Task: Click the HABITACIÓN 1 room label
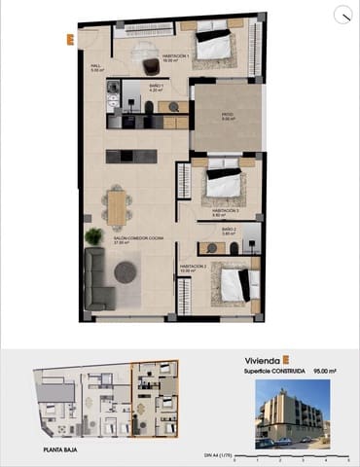click(175, 57)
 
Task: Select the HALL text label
click(96, 67)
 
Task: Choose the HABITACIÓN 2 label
click(192, 267)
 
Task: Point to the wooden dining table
click(118, 206)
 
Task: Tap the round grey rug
click(126, 272)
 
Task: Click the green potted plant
click(93, 235)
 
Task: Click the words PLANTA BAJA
click(60, 449)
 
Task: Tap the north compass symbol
click(342, 14)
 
